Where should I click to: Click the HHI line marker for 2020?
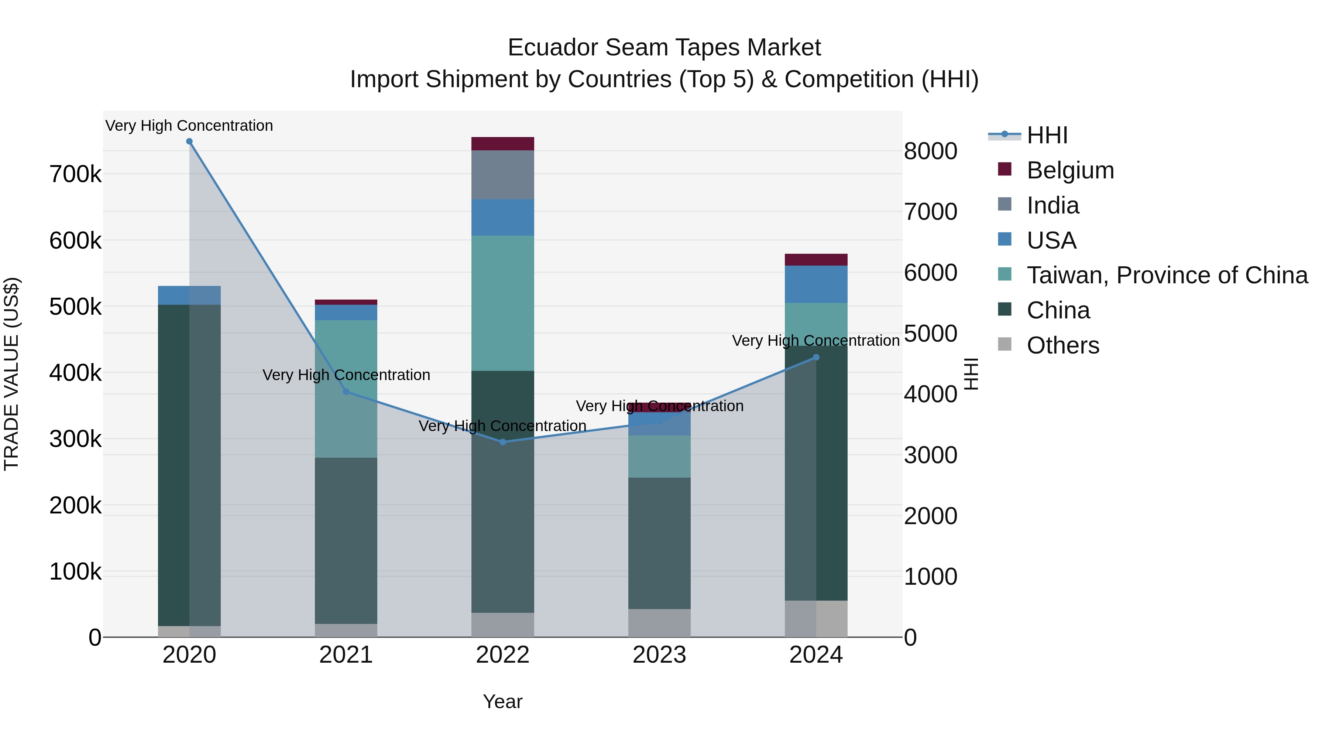pyautogui.click(x=189, y=141)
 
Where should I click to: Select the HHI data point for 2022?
pyautogui.click(x=503, y=442)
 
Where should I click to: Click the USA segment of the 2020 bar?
pyautogui.click(x=189, y=295)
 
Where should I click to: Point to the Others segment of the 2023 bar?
pyautogui.click(x=659, y=623)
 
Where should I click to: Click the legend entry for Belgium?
pyautogui.click(x=1070, y=170)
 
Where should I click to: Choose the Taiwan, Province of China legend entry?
pyautogui.click(x=1167, y=275)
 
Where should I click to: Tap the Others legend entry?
pyautogui.click(x=1062, y=345)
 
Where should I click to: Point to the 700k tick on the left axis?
pyautogui.click(x=75, y=174)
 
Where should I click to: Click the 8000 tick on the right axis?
pyautogui.click(x=931, y=151)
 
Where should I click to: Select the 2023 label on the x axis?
pyautogui.click(x=659, y=655)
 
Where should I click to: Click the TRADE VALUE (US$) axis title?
pyautogui.click(x=11, y=374)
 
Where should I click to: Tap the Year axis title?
pyautogui.click(x=502, y=701)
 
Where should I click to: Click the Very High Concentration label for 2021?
pyautogui.click(x=346, y=375)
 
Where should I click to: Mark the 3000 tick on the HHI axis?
pyautogui.click(x=931, y=455)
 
